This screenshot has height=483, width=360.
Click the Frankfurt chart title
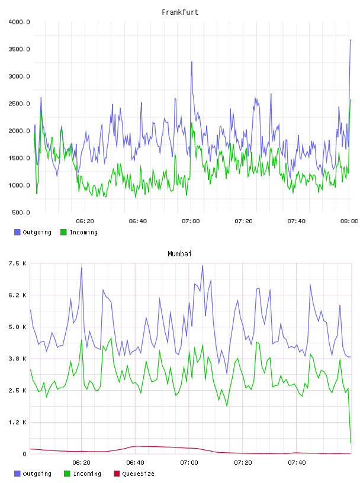pos(180,12)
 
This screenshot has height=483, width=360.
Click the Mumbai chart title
pos(179,254)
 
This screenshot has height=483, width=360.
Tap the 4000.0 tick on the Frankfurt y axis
pos(19,22)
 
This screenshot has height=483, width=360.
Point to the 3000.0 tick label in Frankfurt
pos(19,76)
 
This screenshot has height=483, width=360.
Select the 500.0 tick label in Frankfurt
pos(21,212)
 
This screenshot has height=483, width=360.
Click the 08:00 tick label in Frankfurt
pos(349,221)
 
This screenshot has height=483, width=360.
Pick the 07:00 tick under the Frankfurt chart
pos(191,221)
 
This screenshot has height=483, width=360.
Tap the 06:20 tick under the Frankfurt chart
pos(85,221)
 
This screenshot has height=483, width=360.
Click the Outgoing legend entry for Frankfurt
pos(33,232)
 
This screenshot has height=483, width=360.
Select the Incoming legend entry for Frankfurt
pos(79,232)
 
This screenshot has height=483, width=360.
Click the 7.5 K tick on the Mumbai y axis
pos(18,263)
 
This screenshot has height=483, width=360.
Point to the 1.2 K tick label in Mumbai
pos(18,422)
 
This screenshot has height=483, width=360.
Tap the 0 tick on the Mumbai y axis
pos(24,454)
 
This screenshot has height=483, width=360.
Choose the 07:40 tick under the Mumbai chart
pos(297,463)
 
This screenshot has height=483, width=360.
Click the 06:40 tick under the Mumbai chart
pos(136,463)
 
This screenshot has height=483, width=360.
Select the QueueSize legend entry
pos(134,474)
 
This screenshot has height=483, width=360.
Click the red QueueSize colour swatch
pos(117,474)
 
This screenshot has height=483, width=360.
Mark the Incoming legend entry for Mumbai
pos(83,474)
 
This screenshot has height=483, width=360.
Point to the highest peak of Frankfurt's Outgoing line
pos(351,40)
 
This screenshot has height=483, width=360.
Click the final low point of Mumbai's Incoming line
pos(351,443)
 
